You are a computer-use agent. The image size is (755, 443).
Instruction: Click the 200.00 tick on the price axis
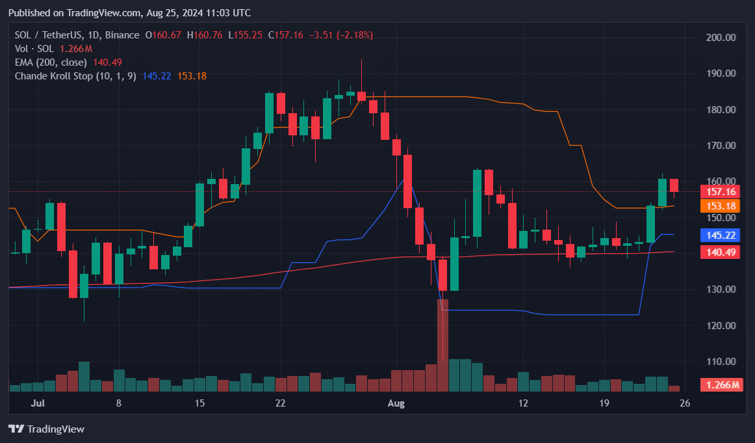721,38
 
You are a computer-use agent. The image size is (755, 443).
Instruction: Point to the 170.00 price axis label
721,146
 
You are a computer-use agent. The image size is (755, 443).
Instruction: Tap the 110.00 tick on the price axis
721,362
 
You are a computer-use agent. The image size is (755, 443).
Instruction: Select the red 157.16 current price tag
721,191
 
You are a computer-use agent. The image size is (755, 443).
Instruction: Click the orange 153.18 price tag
721,206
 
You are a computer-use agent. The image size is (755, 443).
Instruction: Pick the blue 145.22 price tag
721,234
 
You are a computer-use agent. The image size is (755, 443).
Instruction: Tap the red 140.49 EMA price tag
721,252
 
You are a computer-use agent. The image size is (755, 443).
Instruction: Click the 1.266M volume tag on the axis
721,385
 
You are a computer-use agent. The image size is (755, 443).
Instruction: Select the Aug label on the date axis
396,403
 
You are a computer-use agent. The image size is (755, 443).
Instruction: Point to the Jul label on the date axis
38,403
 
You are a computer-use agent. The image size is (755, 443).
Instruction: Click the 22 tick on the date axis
280,403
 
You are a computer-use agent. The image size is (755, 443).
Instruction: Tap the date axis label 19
604,403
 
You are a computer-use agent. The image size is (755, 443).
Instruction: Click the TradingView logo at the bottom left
46,429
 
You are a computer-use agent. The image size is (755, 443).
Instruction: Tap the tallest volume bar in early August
443,345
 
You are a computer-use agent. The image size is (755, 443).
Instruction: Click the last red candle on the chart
674,185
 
